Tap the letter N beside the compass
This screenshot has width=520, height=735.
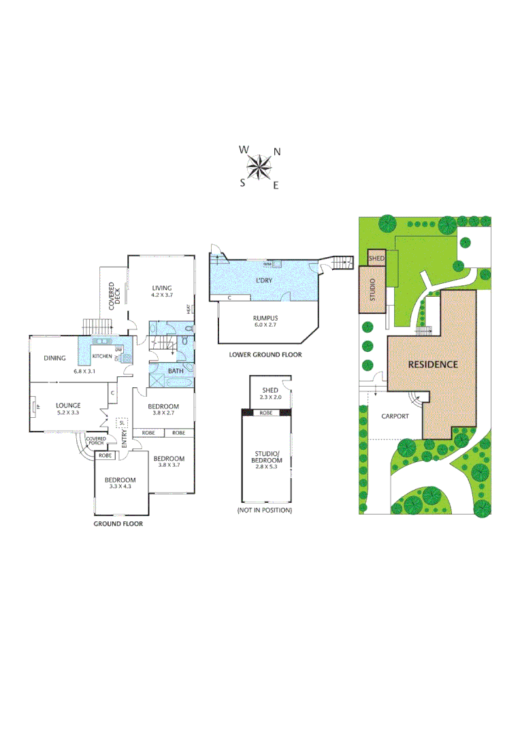(277, 152)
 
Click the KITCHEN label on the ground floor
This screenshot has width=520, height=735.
(102, 357)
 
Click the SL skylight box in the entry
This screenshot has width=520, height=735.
(122, 423)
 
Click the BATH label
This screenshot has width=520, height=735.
(176, 371)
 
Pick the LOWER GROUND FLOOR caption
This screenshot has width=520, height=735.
(265, 355)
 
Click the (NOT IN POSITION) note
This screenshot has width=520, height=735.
(264, 510)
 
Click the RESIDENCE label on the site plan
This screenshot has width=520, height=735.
(432, 364)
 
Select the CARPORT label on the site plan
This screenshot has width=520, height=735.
(395, 416)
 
